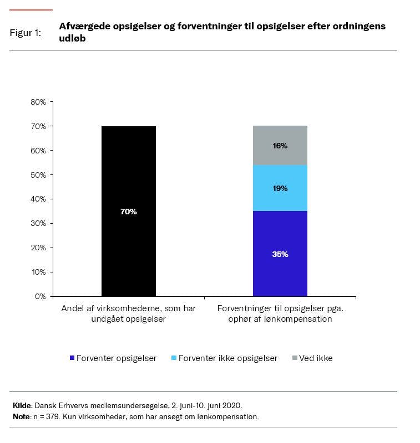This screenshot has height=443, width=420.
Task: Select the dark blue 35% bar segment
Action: click(280, 254)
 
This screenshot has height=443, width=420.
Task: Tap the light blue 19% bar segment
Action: click(280, 188)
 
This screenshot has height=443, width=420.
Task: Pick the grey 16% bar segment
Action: click(280, 146)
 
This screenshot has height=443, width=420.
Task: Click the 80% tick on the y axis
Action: click(38, 102)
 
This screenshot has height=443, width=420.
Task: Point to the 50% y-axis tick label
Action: click(38, 175)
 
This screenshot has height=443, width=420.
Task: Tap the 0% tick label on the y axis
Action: click(41, 296)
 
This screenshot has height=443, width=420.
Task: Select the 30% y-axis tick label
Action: click(38, 223)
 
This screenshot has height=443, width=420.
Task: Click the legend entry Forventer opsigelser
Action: click(117, 358)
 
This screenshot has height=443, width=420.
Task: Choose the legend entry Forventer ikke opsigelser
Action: click(227, 358)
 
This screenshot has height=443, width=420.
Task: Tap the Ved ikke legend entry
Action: click(316, 358)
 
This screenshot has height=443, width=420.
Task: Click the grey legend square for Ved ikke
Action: click(295, 358)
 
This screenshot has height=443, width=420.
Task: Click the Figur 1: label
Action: click(26, 33)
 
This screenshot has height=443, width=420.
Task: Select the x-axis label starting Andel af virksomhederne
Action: click(128, 313)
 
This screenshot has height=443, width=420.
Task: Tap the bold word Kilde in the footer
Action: click(22, 405)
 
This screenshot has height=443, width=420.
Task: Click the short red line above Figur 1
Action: click(31, 10)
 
